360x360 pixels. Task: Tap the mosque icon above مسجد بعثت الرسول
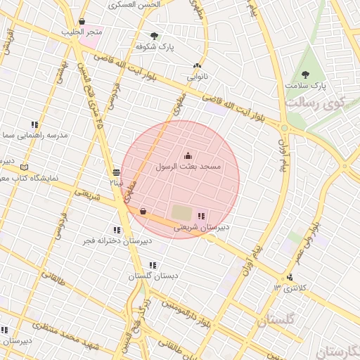(188, 155)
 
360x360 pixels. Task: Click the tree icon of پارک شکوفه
(155, 36)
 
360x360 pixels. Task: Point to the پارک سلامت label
(306, 86)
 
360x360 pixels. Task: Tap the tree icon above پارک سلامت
(305, 75)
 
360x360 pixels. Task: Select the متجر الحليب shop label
(84, 32)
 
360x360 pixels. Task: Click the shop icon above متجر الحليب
(83, 22)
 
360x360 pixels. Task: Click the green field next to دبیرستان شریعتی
(181, 212)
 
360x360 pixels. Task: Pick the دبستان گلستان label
(153, 276)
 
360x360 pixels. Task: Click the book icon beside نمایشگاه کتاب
(25, 167)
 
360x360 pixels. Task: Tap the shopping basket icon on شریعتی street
(143, 211)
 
